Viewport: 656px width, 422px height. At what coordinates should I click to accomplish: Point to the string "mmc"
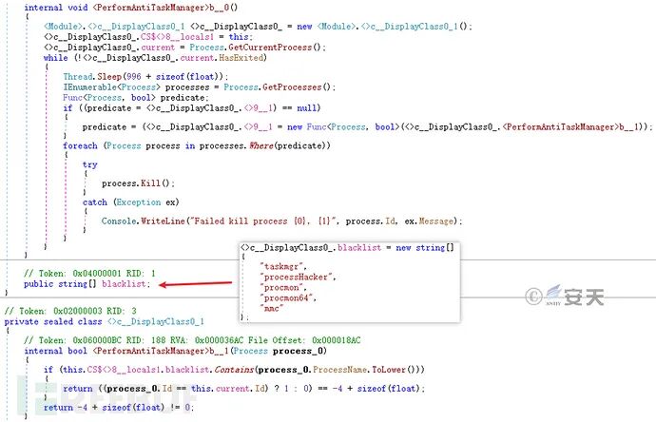pos(272,307)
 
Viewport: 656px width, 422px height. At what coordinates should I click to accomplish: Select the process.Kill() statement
pos(125,182)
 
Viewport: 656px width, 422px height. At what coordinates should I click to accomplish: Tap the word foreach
pos(80,144)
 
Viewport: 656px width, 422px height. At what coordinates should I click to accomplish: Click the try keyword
pos(89,163)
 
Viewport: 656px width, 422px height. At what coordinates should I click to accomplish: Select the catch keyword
pos(95,201)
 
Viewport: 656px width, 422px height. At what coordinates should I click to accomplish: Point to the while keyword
pos(55,57)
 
